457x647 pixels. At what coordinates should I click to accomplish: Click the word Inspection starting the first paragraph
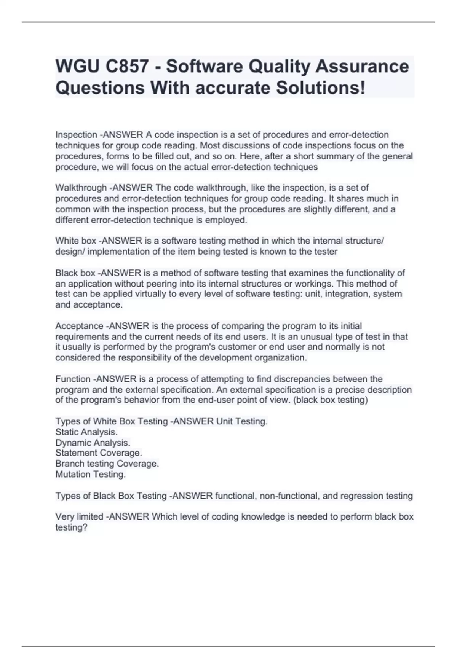(x=76, y=135)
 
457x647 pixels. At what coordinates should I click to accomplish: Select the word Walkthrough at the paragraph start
(x=81, y=188)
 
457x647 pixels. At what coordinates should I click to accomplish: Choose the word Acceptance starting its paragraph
(x=79, y=326)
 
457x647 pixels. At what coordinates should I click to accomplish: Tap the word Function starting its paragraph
(x=73, y=379)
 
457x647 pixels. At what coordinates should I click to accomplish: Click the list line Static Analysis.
(x=86, y=432)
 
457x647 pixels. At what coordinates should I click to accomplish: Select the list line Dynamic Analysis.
(x=93, y=443)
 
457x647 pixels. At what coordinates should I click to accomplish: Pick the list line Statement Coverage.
(x=99, y=453)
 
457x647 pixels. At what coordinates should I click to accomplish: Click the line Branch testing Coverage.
(x=107, y=464)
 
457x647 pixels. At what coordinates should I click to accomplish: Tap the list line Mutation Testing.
(x=91, y=474)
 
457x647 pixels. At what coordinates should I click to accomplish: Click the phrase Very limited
(x=79, y=516)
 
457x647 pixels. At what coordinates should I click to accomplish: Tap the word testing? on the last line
(x=71, y=527)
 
